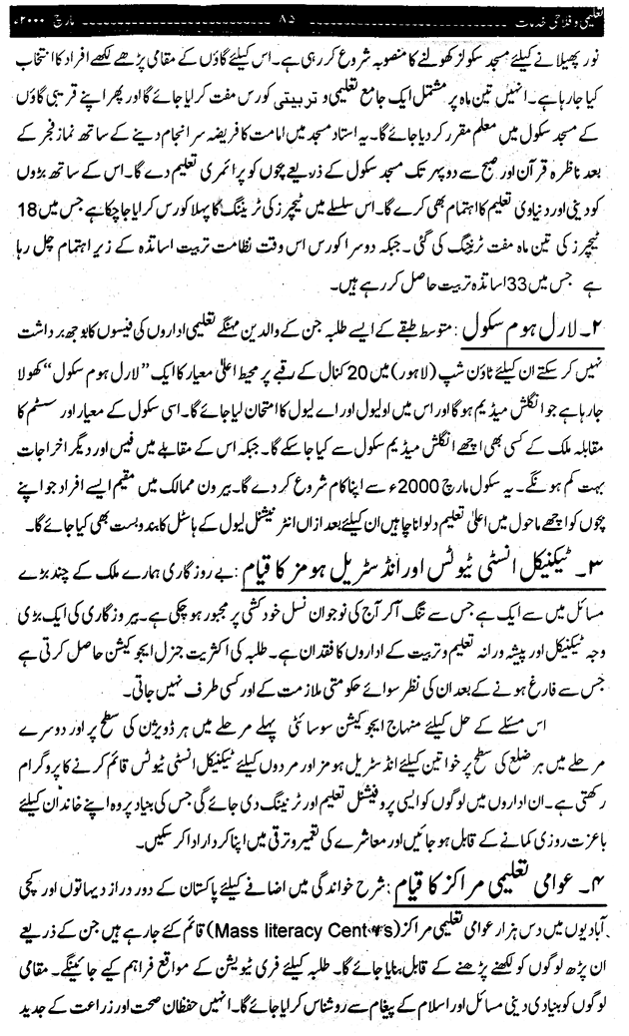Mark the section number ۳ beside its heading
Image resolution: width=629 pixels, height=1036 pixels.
[x=604, y=543]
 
